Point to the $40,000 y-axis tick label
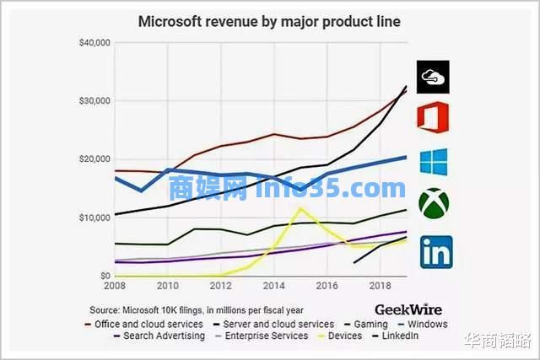(93, 42)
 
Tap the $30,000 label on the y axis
(93, 100)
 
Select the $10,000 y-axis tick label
(93, 218)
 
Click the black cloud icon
(434, 77)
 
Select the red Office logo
(434, 117)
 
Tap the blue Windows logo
(434, 162)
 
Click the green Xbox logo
(434, 202)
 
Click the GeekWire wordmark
(408, 309)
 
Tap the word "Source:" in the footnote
(107, 309)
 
